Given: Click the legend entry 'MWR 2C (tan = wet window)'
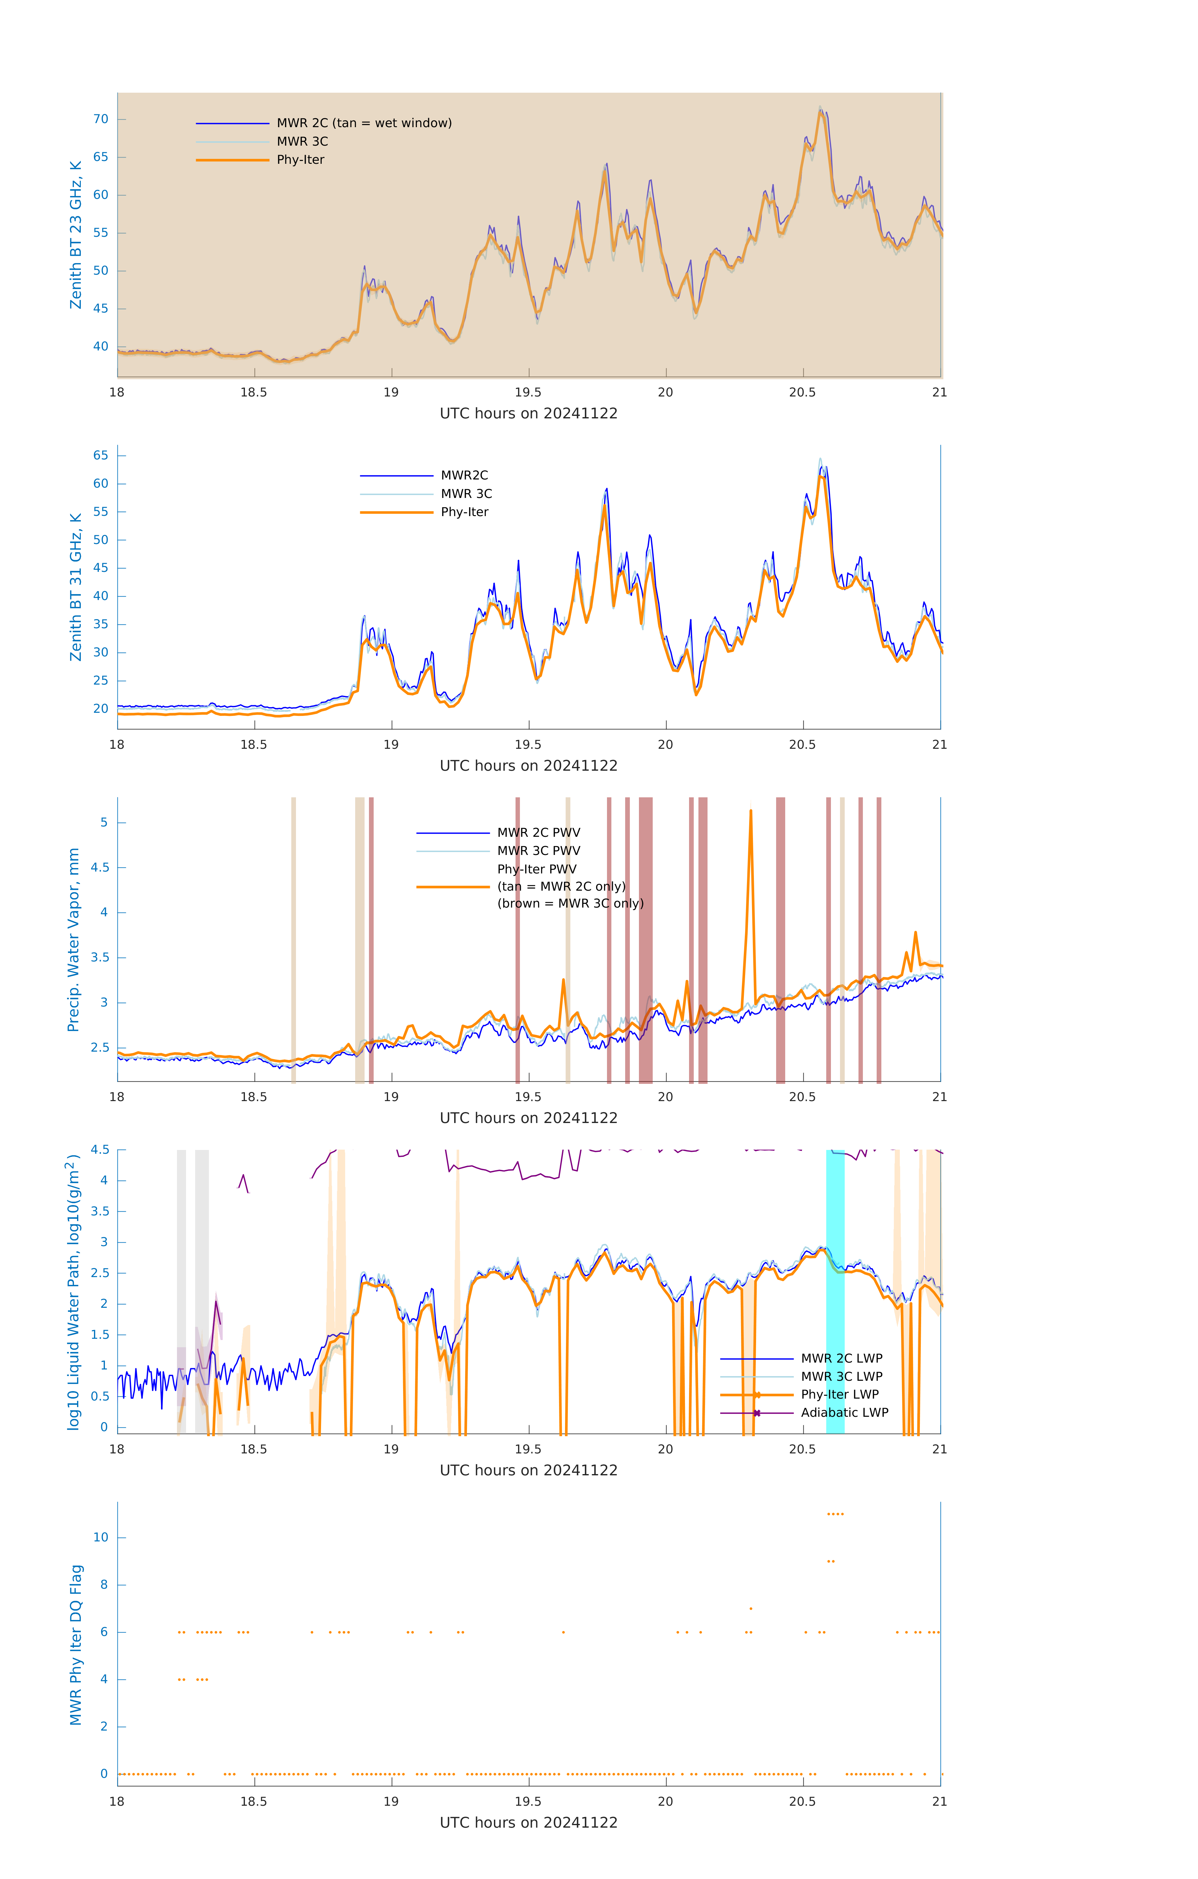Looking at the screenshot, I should [364, 123].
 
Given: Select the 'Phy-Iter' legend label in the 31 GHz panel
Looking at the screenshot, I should [464, 512].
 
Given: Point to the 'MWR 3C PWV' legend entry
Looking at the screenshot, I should [538, 851].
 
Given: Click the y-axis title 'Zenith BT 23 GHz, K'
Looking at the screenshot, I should [76, 235].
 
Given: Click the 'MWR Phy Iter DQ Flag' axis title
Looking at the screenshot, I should [76, 1645].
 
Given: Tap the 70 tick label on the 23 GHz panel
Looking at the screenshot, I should [101, 119].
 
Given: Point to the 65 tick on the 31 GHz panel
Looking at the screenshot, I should [101, 456].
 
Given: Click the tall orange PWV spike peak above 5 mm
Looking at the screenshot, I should [751, 811].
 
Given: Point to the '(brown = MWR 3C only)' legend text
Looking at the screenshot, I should [571, 903].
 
